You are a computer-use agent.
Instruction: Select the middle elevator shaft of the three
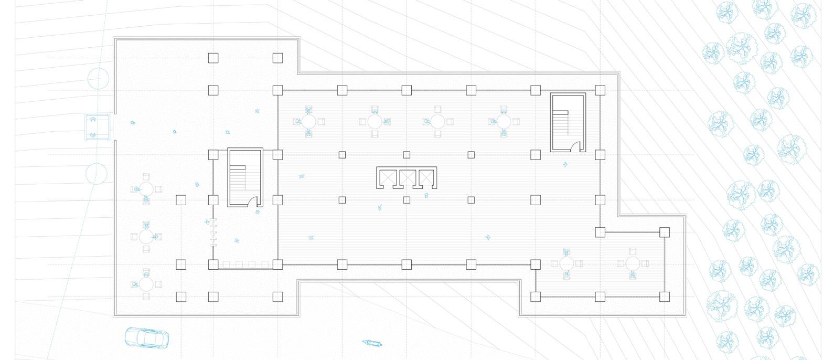tap(407, 178)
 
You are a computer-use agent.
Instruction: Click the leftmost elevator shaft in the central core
tap(387, 178)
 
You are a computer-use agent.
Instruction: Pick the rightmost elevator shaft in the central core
tap(426, 178)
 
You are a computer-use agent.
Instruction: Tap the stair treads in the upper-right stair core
tap(561, 123)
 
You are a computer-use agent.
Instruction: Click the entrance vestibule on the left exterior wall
tap(97, 127)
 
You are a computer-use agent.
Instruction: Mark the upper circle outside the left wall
tap(99, 78)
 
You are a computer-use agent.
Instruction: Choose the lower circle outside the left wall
tap(96, 173)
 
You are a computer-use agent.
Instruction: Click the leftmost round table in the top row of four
tap(309, 121)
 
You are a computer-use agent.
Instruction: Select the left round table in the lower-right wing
tap(566, 263)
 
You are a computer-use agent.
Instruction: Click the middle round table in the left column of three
tap(146, 236)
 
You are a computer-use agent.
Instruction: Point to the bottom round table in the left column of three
tap(146, 284)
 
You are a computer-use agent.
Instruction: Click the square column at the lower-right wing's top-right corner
tap(665, 232)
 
